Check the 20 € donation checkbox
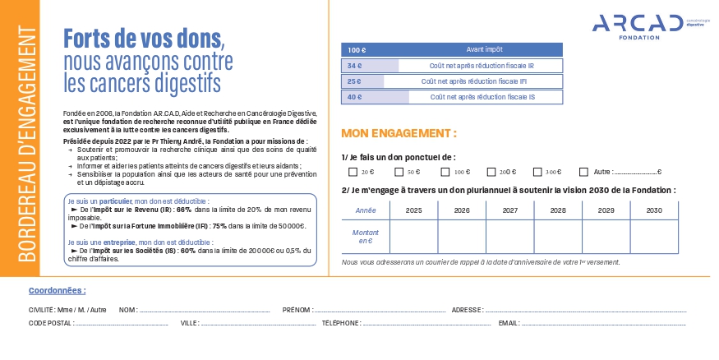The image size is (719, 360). pos(353,173)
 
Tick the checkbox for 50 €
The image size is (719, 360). pos(399,173)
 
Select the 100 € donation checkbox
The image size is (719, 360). pos(445,173)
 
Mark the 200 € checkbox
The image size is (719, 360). pos(491,173)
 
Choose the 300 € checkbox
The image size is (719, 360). pos(537,173)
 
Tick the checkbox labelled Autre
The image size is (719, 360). pos(583,173)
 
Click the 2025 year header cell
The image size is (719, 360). pos(413,210)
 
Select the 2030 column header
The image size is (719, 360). pos(654,210)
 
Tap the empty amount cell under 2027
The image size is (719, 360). pos(509,238)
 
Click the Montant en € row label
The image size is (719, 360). pos(365,238)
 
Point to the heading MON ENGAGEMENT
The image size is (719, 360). pos(399,134)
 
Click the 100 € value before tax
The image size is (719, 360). pos(357,49)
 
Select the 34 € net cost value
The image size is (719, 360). pos(355,66)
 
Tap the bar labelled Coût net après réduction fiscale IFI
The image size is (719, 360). pos(472,81)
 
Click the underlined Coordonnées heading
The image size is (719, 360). pos(57,290)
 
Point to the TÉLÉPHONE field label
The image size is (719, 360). pos(341,323)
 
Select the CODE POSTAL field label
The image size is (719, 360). pos(51,323)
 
